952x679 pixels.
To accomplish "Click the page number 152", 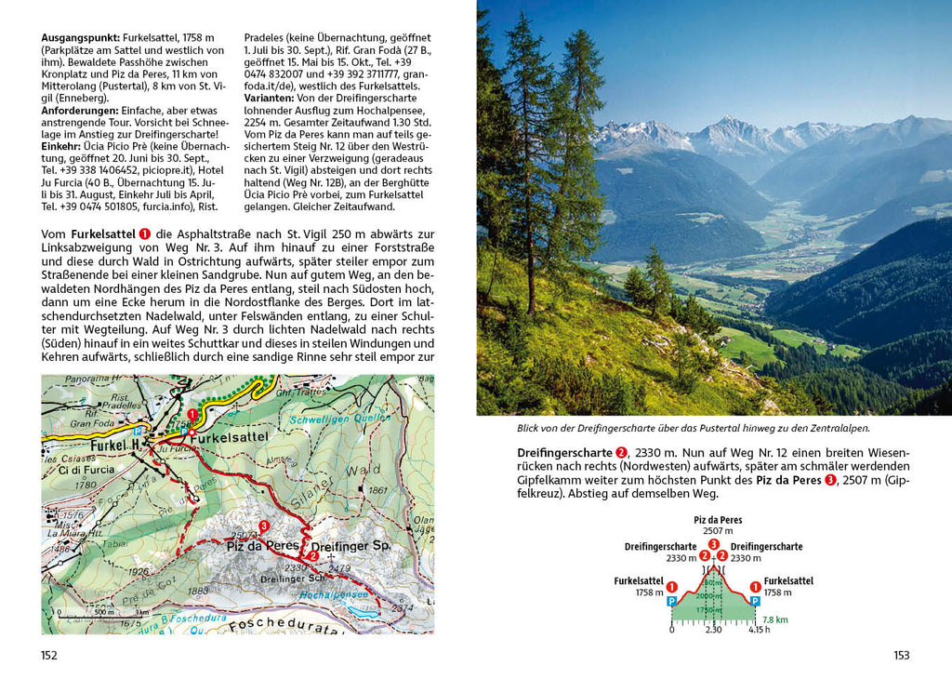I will [49, 655].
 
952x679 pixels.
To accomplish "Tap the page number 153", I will [901, 655].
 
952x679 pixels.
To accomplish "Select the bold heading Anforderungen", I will [82, 110].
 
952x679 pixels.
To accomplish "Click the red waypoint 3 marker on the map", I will [264, 526].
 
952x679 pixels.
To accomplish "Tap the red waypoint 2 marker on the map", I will [314, 556].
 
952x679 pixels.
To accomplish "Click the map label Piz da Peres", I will [262, 546].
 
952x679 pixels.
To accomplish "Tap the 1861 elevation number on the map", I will [377, 490].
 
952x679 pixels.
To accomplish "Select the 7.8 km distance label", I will [773, 619].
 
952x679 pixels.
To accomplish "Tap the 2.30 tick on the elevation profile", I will [713, 630].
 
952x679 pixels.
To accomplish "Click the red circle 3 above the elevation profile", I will [713, 544].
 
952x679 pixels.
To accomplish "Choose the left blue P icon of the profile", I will [671, 601].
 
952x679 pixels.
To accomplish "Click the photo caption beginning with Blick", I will [693, 428].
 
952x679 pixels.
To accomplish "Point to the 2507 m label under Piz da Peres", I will [713, 531].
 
